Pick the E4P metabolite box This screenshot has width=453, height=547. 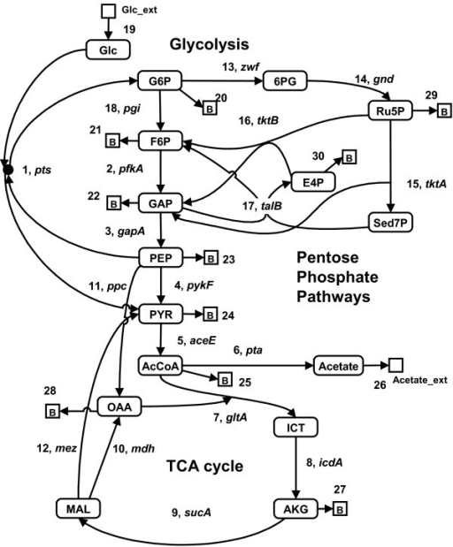tap(299, 186)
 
